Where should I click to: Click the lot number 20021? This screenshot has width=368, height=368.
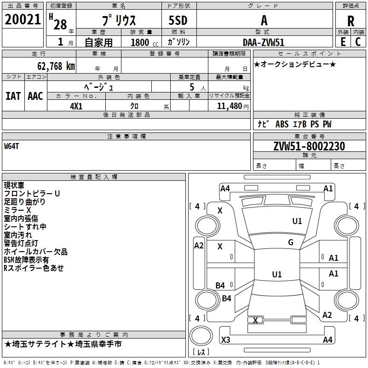click(x=23, y=19)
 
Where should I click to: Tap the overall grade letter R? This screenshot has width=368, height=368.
click(x=351, y=21)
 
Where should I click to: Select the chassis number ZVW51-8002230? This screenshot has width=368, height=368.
click(x=309, y=146)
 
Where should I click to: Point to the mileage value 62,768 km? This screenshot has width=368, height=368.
click(x=56, y=66)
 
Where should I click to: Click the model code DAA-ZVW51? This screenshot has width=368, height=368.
click(x=264, y=42)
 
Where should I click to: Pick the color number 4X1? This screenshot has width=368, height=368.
click(x=76, y=106)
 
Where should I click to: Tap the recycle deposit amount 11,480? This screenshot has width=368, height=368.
click(x=229, y=106)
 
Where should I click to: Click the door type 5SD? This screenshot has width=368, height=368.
click(x=178, y=20)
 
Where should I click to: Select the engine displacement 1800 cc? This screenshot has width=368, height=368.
click(x=144, y=42)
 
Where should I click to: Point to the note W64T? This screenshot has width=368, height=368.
click(x=11, y=146)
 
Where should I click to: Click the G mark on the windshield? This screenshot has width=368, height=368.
click(x=291, y=242)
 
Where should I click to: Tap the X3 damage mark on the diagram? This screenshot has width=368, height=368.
click(x=225, y=339)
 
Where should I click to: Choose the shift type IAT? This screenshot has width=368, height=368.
click(x=13, y=96)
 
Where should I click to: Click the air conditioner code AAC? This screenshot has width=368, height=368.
click(x=35, y=96)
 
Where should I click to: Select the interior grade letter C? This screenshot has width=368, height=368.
click(x=358, y=42)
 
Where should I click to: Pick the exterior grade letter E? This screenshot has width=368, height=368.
click(x=343, y=42)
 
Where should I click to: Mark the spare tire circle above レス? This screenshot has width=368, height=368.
click(x=201, y=336)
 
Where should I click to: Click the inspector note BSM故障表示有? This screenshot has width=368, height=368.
click(x=26, y=260)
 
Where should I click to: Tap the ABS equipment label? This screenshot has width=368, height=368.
click(x=282, y=124)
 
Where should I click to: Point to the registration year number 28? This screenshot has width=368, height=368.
click(x=60, y=24)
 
